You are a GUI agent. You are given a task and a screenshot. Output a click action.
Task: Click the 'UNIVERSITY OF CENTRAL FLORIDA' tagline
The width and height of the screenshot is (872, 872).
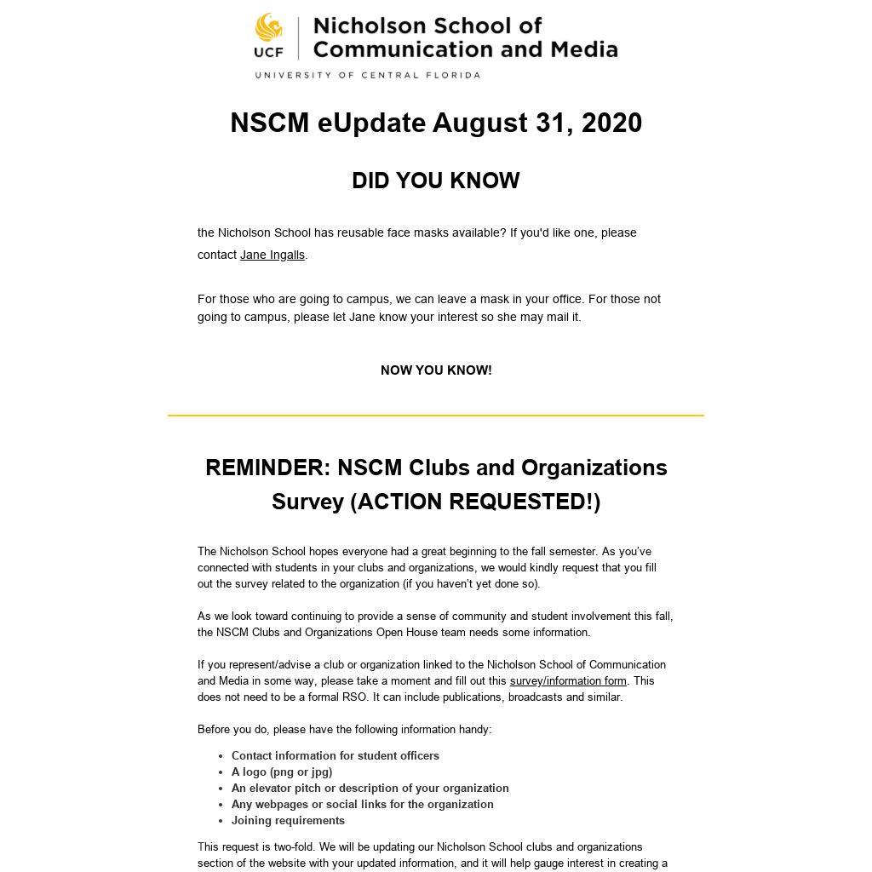[367, 75]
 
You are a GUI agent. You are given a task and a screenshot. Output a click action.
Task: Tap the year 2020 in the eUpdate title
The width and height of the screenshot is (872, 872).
[611, 123]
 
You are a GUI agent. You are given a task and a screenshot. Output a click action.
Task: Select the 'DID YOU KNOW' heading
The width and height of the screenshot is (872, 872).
[436, 181]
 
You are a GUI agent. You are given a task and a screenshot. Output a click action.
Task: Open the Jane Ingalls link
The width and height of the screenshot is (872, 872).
[272, 255]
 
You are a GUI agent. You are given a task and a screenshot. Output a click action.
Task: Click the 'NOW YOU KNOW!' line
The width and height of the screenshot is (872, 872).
[436, 370]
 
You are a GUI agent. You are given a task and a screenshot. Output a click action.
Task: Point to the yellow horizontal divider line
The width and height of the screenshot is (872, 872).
[436, 416]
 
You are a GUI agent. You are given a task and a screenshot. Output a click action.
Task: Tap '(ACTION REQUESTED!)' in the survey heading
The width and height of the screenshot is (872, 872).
[475, 502]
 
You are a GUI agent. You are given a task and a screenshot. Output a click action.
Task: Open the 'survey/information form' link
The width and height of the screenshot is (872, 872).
[568, 680]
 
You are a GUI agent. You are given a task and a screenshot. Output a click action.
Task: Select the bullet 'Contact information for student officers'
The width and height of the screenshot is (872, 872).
[336, 755]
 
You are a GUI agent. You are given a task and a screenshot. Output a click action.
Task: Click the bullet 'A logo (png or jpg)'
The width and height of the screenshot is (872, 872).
[282, 772]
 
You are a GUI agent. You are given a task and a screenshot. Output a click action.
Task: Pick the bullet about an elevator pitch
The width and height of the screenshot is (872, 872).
[370, 788]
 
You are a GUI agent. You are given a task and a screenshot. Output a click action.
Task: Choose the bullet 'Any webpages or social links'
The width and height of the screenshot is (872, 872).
[363, 804]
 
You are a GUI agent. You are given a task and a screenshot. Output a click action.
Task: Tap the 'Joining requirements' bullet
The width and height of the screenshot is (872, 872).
[288, 820]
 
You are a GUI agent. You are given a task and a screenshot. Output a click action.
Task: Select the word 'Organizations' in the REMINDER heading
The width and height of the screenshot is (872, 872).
[594, 468]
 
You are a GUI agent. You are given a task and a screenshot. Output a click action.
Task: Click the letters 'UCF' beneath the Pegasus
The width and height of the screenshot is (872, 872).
[268, 51]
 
